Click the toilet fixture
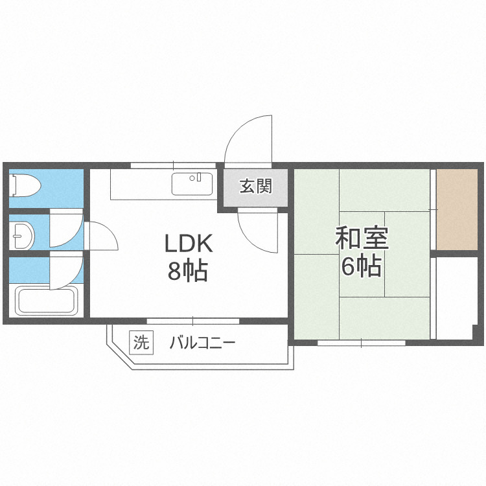click(26, 186)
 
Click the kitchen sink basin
click(192, 184)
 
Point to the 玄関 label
click(255, 187)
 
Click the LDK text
click(188, 244)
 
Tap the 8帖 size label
click(188, 272)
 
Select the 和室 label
click(362, 238)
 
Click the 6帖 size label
click(362, 266)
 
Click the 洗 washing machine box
click(141, 341)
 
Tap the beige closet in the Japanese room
click(457, 209)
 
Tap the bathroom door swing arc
click(67, 272)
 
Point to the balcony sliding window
click(193, 320)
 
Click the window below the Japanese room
click(361, 341)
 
